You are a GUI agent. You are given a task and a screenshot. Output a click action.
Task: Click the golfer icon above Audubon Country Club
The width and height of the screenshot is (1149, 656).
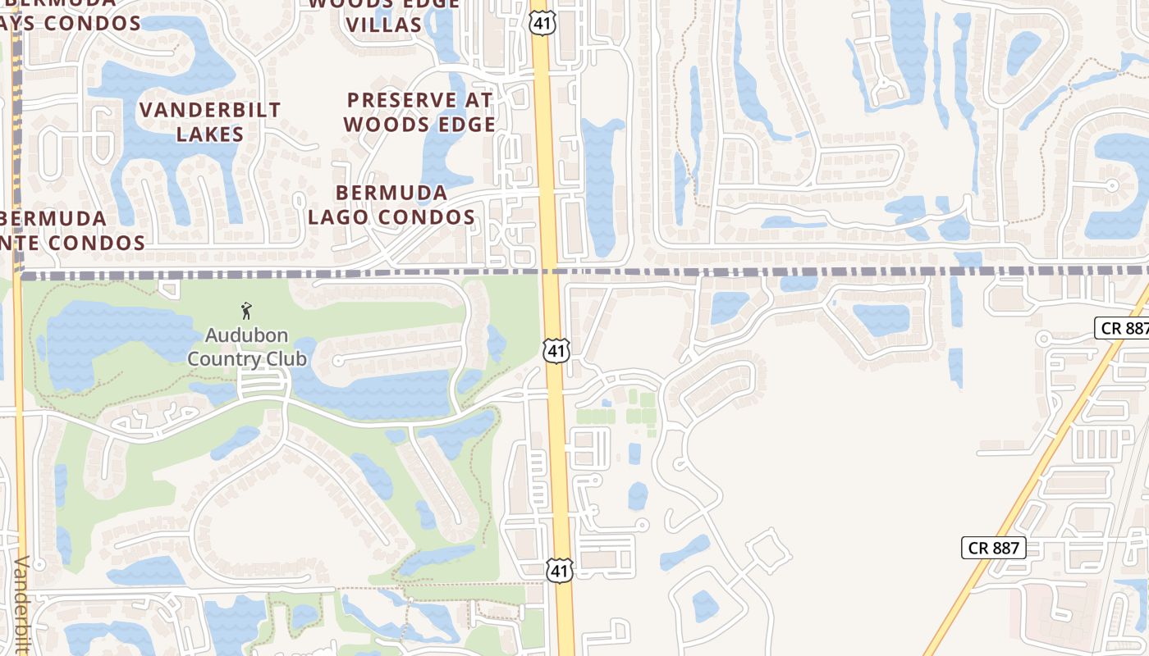click(x=246, y=311)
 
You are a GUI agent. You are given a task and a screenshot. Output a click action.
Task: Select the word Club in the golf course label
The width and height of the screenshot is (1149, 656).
click(x=286, y=359)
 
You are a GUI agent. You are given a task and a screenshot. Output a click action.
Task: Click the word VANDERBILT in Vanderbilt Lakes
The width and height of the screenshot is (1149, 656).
click(x=210, y=110)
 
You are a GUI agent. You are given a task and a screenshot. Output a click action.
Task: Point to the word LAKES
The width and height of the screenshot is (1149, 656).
click(x=210, y=134)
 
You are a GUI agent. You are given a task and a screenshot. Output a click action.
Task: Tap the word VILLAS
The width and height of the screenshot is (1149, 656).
click(x=384, y=25)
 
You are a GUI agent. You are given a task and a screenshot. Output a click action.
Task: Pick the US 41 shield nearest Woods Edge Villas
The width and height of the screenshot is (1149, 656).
click(x=542, y=22)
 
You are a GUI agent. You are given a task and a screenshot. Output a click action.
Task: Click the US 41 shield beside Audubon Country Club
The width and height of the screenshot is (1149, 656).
click(x=556, y=351)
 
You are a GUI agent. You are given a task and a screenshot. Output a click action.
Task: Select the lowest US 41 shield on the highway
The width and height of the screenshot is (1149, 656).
click(x=559, y=569)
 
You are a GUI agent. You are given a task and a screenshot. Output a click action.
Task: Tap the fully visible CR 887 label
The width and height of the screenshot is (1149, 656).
click(x=993, y=548)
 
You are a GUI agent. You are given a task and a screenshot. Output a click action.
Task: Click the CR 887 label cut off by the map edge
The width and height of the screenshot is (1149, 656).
click(x=1124, y=328)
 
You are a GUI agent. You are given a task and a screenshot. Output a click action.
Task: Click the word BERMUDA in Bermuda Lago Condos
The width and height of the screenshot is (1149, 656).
click(x=392, y=194)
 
